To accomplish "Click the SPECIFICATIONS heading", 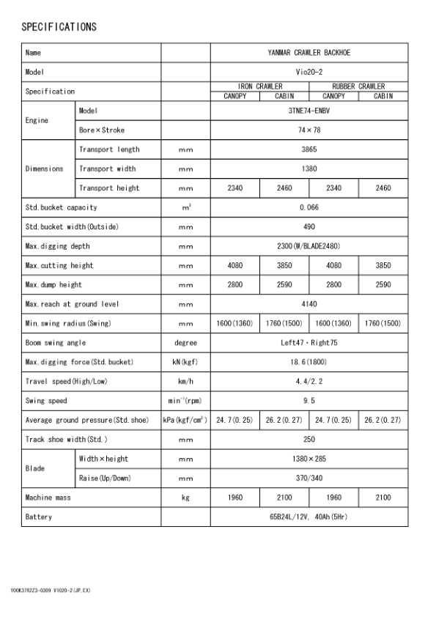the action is (59, 27).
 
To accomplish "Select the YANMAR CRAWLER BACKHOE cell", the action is (308, 53).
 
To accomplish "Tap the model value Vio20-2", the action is (308, 73).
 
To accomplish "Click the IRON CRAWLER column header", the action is (260, 86).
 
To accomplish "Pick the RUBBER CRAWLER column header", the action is (359, 86).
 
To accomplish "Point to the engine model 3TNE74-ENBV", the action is (308, 111).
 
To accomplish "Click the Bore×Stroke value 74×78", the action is (308, 130).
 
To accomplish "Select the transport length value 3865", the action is (308, 149).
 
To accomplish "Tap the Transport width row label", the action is (109, 169).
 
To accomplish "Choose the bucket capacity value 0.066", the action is (308, 207).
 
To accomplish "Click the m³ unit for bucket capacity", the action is (186, 207).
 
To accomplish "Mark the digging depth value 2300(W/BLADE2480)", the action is (308, 245).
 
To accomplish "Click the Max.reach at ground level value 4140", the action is (308, 303).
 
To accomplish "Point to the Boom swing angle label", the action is (56, 342).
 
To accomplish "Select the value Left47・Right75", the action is (308, 342).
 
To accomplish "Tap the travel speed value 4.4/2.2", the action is (308, 381).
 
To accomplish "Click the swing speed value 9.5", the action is (308, 401).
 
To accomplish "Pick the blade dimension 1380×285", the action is (308, 459).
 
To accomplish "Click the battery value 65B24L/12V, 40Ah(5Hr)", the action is (308, 517).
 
